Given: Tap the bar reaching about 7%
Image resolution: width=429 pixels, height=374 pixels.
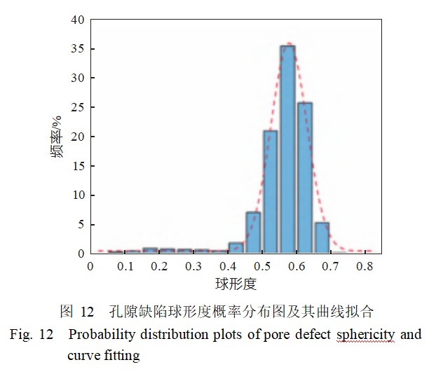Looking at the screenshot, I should pyautogui.click(x=253, y=232).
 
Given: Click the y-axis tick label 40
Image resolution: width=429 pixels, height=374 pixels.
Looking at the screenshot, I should pyautogui.click(x=77, y=20).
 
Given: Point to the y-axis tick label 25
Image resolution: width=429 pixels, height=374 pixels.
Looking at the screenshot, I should pyautogui.click(x=77, y=107).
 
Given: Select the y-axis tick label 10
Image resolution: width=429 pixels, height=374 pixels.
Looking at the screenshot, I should pyautogui.click(x=77, y=195).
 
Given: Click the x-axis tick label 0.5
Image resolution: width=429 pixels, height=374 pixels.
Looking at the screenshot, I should pyautogui.click(x=261, y=267).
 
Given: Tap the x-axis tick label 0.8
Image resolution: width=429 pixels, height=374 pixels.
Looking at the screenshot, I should pyautogui.click(x=364, y=267).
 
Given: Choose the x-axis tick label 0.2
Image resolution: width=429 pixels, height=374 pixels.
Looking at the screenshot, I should pyautogui.click(x=158, y=267).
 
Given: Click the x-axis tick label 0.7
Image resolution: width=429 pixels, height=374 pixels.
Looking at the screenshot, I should pyautogui.click(x=329, y=267).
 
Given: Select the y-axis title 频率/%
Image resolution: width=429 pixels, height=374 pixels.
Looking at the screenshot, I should pyautogui.click(x=57, y=137).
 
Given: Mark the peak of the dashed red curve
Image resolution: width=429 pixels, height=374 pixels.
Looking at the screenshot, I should pyautogui.click(x=287, y=43).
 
